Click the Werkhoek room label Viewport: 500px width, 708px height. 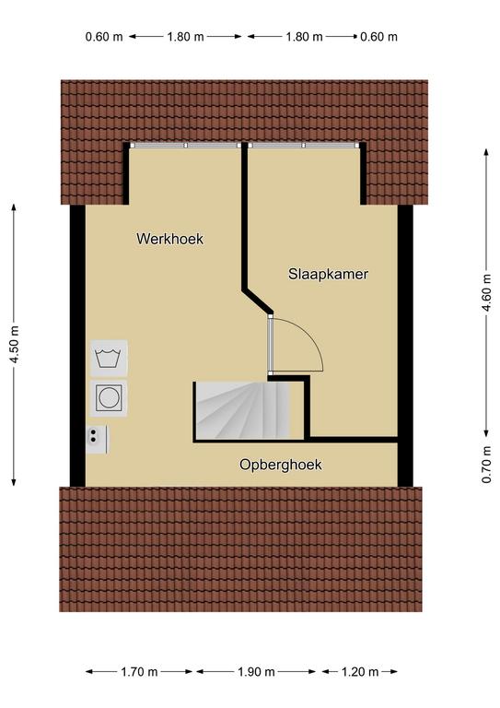170,239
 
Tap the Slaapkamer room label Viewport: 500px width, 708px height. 328,274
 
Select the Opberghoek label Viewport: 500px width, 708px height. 281,465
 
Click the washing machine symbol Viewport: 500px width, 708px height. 109,359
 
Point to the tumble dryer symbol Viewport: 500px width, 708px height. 109,398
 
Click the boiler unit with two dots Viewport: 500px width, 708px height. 97,440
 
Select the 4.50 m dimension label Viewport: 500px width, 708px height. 15,345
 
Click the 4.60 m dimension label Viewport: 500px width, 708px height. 486,292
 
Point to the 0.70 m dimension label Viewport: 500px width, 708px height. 486,465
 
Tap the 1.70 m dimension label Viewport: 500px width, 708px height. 139,672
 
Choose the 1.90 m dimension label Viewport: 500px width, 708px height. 256,672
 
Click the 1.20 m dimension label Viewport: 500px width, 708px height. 360,672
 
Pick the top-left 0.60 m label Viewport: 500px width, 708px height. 104,37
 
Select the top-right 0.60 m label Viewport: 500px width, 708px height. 378,37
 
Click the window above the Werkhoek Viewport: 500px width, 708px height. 186,146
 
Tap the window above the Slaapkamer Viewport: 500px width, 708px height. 304,146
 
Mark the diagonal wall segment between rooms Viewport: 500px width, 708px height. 258,301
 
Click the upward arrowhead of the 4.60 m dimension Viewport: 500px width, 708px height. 486,152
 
